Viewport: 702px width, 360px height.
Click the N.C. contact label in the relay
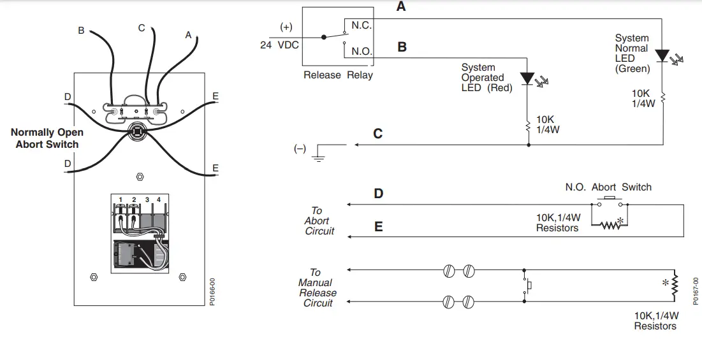click(361, 25)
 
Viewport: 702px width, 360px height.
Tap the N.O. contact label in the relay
click(361, 51)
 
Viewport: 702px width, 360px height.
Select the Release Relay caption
click(338, 75)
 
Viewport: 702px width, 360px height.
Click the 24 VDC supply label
click(279, 45)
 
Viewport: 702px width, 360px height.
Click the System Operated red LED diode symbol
click(527, 78)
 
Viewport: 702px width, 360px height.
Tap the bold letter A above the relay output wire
click(401, 7)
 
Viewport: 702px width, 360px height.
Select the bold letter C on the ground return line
click(378, 134)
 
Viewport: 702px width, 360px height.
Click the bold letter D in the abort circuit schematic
click(379, 193)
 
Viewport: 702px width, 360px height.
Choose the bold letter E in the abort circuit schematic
click(379, 226)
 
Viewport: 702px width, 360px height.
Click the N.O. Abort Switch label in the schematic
click(608, 187)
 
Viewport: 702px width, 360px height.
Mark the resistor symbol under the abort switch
click(610, 224)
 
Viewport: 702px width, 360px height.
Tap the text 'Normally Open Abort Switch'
click(47, 138)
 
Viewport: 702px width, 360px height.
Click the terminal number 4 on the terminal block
click(159, 200)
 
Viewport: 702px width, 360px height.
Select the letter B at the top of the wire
click(81, 30)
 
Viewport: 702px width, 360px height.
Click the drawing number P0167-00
click(696, 291)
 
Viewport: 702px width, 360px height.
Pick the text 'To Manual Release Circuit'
click(317, 288)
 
